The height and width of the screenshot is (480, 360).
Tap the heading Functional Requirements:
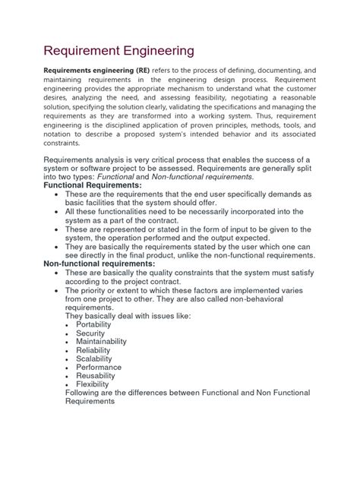pos(93,185)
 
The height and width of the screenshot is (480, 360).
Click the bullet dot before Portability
pos(78,325)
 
